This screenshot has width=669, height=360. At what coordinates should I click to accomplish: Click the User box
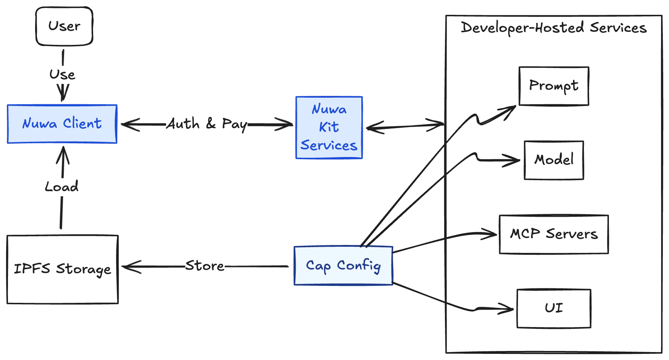point(64,26)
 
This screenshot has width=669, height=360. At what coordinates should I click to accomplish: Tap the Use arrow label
point(62,75)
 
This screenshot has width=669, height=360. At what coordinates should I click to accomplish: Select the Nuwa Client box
point(62,124)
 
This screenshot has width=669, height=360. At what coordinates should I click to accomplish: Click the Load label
point(62,187)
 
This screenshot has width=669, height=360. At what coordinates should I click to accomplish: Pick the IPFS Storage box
point(62,269)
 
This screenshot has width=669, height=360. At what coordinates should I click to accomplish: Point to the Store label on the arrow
point(205,266)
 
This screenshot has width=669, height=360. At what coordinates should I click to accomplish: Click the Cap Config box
point(343,266)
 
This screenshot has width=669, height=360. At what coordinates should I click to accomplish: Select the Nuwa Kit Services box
point(329,127)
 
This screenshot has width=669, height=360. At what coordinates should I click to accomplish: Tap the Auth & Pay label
point(207,124)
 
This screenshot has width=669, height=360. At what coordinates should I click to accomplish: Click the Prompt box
point(554,86)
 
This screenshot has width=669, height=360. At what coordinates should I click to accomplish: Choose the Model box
point(554,160)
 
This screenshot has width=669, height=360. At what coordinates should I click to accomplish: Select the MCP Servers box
point(554,234)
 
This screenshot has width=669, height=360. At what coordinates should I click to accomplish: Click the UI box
point(554,308)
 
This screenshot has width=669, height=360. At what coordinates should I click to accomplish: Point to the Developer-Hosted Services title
point(554,28)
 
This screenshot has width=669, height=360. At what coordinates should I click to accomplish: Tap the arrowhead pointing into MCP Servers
point(493,234)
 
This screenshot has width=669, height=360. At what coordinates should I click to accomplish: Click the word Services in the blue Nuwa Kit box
point(329,145)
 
